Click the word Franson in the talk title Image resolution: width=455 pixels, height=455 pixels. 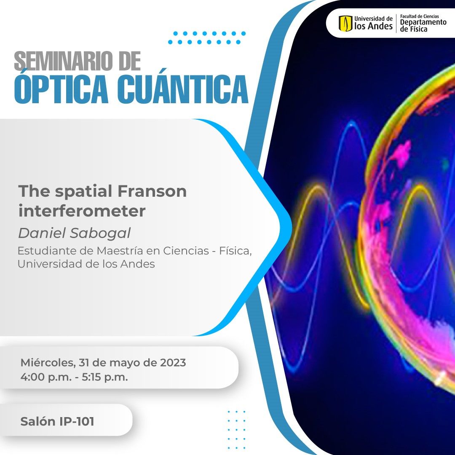point(152,191)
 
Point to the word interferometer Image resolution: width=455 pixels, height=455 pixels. point(82,211)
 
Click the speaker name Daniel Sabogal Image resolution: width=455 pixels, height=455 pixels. point(74,233)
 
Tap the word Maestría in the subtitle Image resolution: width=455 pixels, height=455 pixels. point(120,251)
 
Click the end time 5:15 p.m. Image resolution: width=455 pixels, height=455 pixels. point(105,377)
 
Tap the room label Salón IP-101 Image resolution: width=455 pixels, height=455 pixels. point(57,421)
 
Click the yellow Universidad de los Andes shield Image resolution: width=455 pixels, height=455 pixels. point(345,23)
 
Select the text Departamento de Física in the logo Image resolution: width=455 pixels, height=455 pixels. point(423,26)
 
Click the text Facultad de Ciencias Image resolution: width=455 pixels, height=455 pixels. point(419,16)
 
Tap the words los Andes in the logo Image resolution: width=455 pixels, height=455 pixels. point(373,27)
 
